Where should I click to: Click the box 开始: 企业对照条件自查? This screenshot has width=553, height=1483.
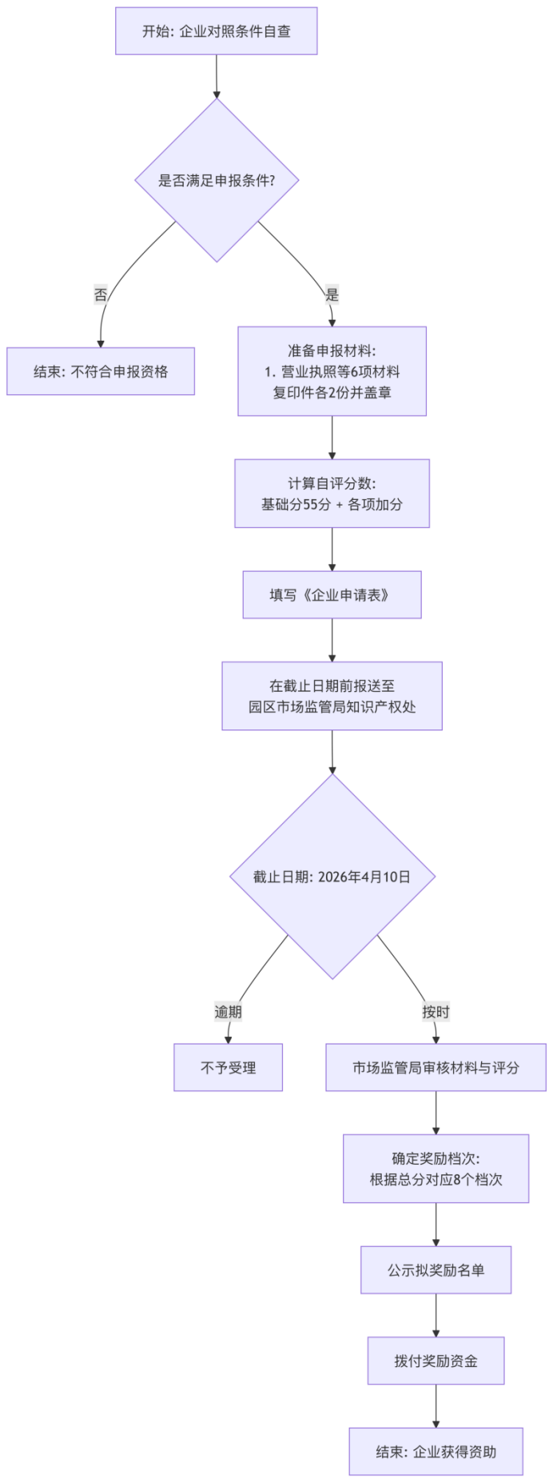pyautogui.click(x=216, y=31)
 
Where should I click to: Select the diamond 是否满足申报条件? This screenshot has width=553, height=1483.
pyautogui.click(x=217, y=180)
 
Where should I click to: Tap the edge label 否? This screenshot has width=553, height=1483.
pyautogui.click(x=101, y=294)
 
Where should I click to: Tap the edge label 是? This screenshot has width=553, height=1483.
pyautogui.click(x=332, y=294)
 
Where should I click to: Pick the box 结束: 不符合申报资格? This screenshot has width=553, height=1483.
pyautogui.click(x=101, y=371)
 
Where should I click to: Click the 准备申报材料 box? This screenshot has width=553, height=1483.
pyautogui.click(x=332, y=371)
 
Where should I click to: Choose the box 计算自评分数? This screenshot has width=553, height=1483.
pyautogui.click(x=332, y=494)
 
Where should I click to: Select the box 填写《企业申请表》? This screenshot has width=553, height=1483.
pyautogui.click(x=332, y=595)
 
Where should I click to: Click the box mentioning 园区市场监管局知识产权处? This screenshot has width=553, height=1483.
pyautogui.click(x=332, y=696)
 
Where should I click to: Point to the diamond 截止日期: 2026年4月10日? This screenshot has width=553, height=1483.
pyautogui.click(x=332, y=877)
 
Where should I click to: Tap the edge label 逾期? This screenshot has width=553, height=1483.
pyautogui.click(x=228, y=1012)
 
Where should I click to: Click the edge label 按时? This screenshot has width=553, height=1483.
pyautogui.click(x=436, y=1012)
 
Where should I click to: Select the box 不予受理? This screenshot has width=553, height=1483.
pyautogui.click(x=228, y=1068)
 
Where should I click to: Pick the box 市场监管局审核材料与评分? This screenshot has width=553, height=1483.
pyautogui.click(x=436, y=1068)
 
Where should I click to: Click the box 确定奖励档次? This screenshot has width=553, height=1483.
pyautogui.click(x=436, y=1169)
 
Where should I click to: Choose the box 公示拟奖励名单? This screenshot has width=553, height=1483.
pyautogui.click(x=436, y=1270)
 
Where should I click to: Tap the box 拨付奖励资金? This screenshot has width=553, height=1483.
pyautogui.click(x=436, y=1361)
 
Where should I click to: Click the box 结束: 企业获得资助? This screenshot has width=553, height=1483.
pyautogui.click(x=436, y=1452)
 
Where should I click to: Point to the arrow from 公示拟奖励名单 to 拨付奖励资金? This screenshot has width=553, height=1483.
pyautogui.click(x=436, y=1315)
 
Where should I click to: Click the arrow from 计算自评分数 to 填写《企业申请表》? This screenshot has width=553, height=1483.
pyautogui.click(x=332, y=550)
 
